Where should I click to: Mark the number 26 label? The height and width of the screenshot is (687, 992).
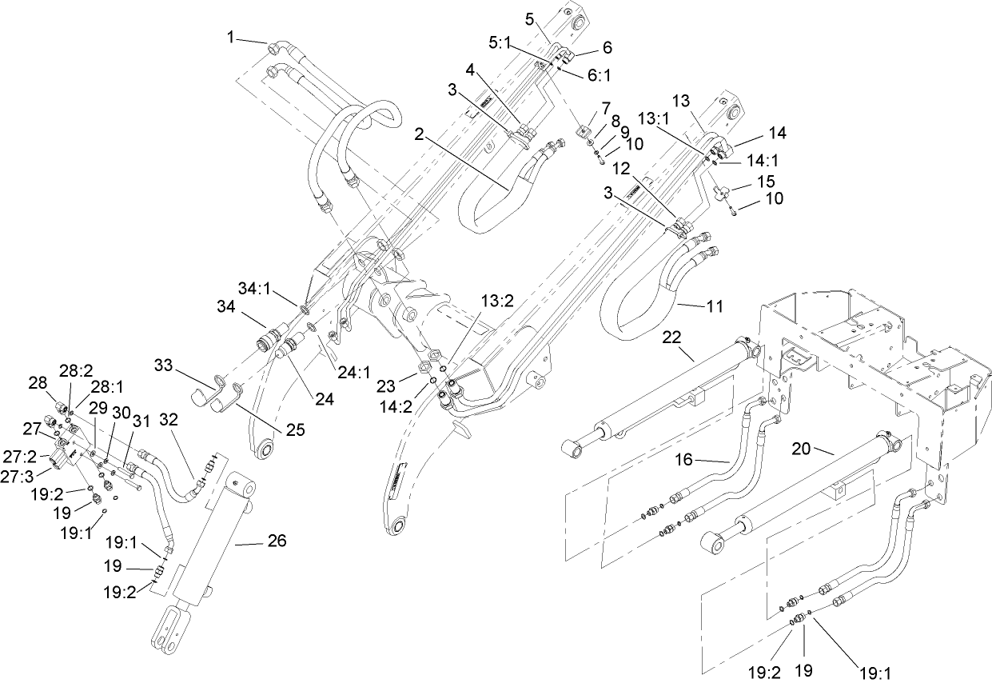[276, 541]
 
